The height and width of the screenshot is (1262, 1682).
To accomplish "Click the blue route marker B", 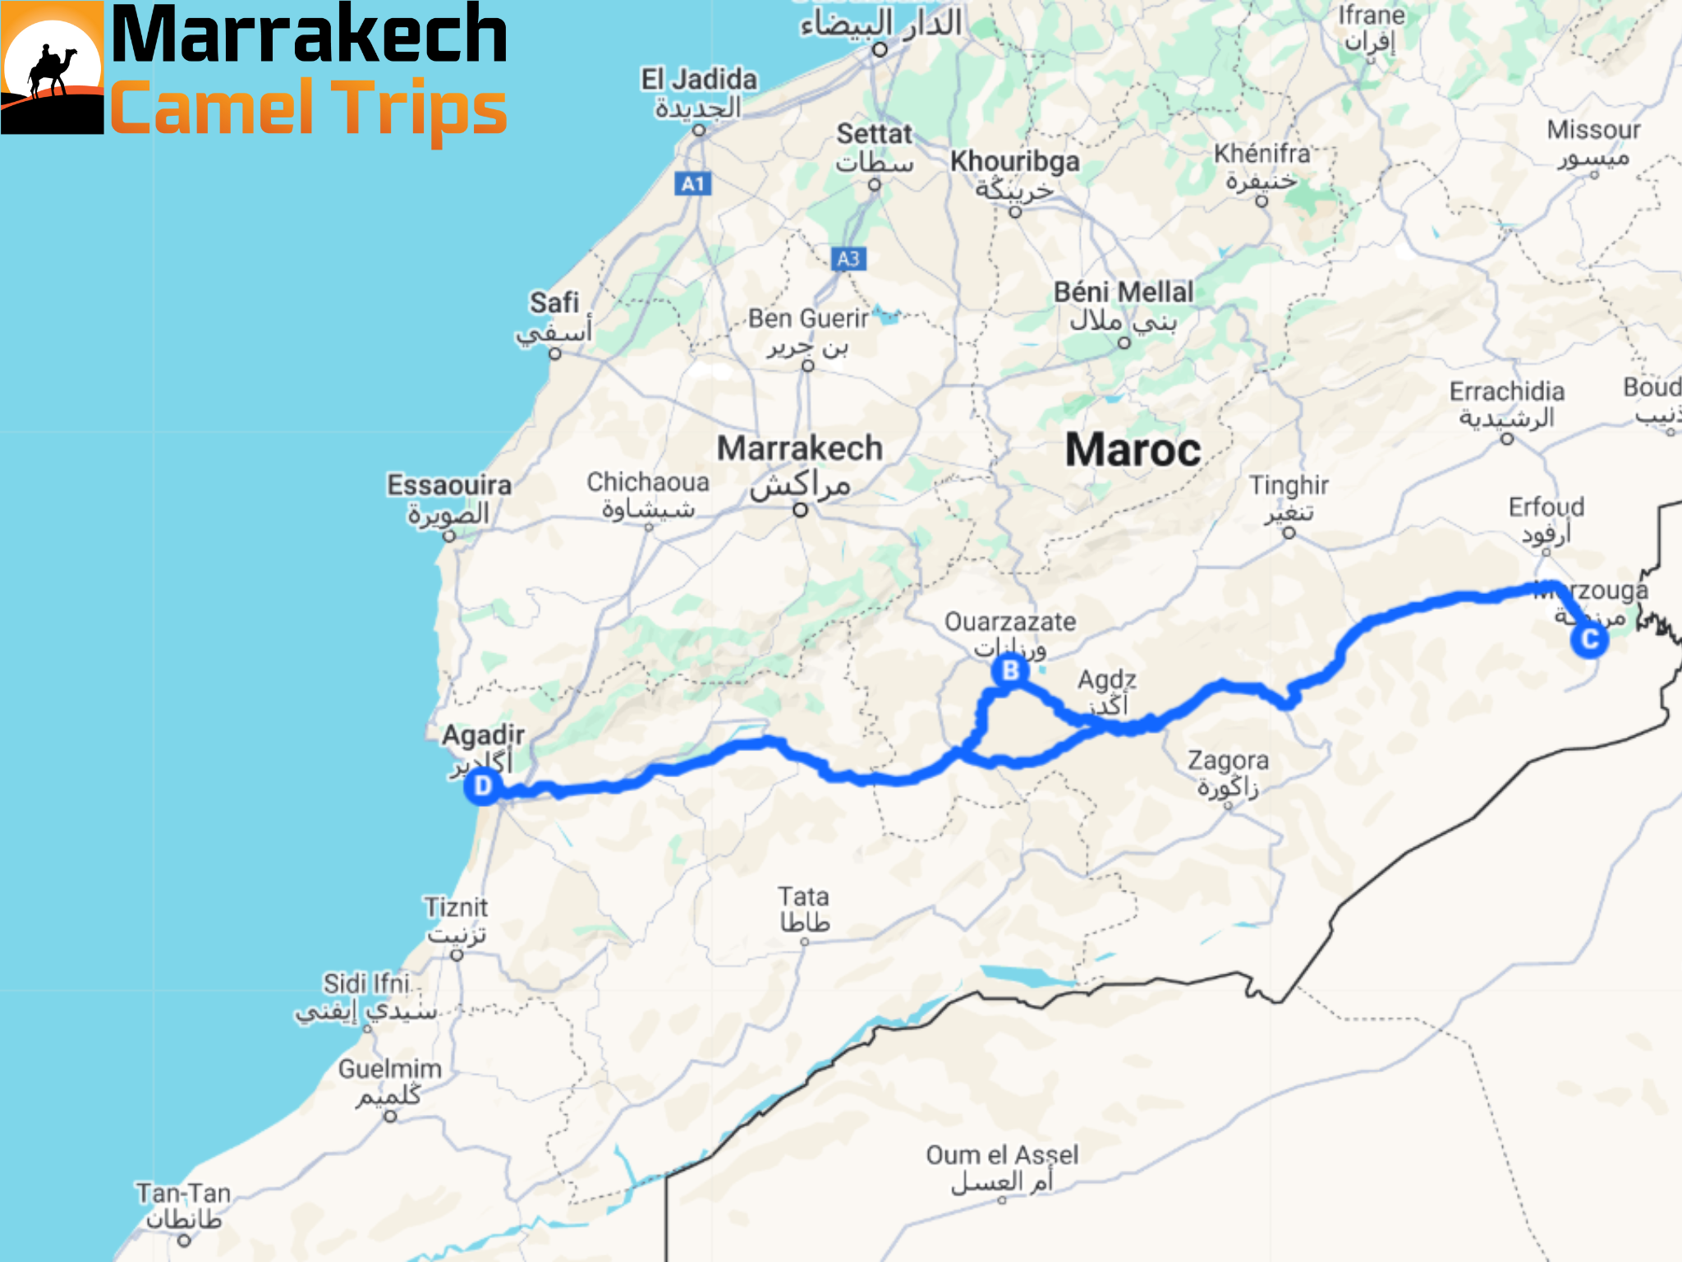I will click(x=1010, y=670).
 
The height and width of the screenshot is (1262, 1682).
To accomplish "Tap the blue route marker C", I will click(x=1589, y=639).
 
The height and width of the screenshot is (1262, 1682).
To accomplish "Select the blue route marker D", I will click(x=483, y=786).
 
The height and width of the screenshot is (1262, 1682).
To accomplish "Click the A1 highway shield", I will click(x=693, y=183).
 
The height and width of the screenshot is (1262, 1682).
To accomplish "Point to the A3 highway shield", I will click(x=848, y=259).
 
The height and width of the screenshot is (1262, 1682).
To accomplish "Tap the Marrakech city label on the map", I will click(x=800, y=449).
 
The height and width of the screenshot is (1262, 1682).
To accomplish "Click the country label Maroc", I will click(x=1133, y=450).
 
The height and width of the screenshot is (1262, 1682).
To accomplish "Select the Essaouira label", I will click(x=449, y=485).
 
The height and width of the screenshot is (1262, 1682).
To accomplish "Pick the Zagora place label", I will click(x=1228, y=761).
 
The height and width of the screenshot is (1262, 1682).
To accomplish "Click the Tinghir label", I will click(x=1289, y=486).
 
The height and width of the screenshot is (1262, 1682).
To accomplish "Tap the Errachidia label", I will click(x=1506, y=392).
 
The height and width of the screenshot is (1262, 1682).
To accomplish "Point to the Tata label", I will click(x=803, y=896).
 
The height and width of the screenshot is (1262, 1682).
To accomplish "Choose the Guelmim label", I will click(x=390, y=1069).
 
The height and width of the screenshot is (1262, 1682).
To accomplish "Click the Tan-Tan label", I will click(x=183, y=1193).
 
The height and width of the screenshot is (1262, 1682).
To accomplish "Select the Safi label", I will click(x=554, y=302).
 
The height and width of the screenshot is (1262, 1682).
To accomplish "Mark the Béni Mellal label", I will click(x=1124, y=292).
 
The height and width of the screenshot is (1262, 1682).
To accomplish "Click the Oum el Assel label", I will click(x=1002, y=1155).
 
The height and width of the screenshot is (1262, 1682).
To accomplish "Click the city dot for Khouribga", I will click(x=1015, y=212).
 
